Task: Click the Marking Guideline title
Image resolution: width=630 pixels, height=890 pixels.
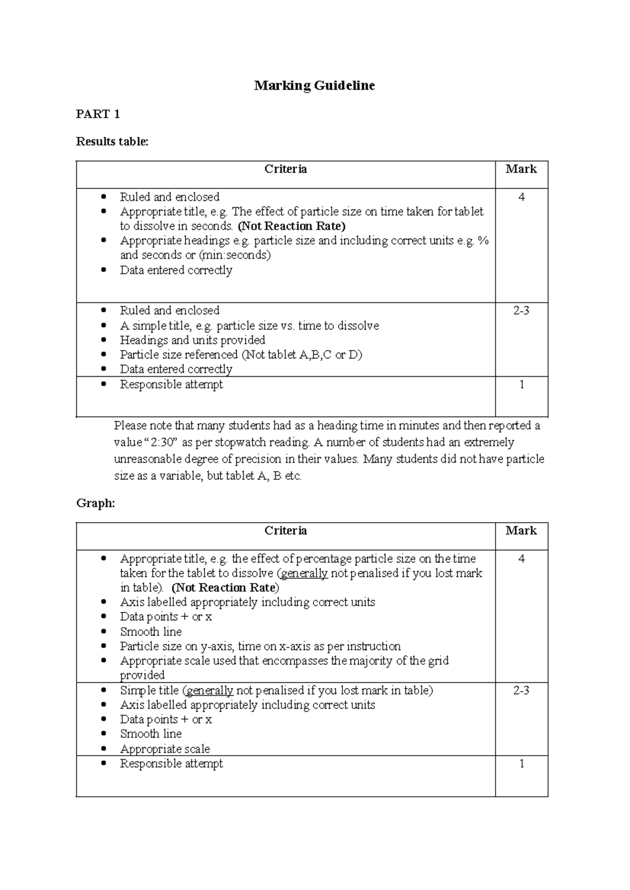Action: click(314, 86)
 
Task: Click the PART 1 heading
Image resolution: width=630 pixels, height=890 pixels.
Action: click(98, 114)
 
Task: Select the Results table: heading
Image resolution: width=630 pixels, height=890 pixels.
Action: click(112, 142)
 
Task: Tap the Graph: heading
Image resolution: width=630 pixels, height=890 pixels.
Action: click(95, 503)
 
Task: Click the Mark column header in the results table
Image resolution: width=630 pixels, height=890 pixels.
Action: click(521, 169)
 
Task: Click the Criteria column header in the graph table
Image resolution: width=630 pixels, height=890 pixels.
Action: click(286, 531)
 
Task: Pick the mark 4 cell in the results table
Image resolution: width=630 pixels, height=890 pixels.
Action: click(521, 197)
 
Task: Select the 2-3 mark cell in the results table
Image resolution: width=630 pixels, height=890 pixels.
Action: click(521, 311)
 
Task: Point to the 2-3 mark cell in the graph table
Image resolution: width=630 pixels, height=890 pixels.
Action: click(521, 691)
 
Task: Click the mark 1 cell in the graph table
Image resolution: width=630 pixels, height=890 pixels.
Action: click(521, 764)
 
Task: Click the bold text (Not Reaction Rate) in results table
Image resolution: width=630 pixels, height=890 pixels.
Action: click(291, 226)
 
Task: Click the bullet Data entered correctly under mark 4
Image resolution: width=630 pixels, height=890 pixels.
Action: click(176, 270)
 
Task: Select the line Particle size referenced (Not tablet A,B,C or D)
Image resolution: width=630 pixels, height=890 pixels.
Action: click(240, 355)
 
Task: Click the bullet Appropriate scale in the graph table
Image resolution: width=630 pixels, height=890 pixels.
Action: click(165, 749)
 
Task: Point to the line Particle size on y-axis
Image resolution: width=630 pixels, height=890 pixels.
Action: click(260, 647)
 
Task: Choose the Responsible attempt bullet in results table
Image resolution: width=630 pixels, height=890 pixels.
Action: click(171, 385)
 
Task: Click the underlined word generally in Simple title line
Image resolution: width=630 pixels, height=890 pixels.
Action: click(210, 691)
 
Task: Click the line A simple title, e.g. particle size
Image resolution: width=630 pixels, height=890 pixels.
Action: click(249, 326)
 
